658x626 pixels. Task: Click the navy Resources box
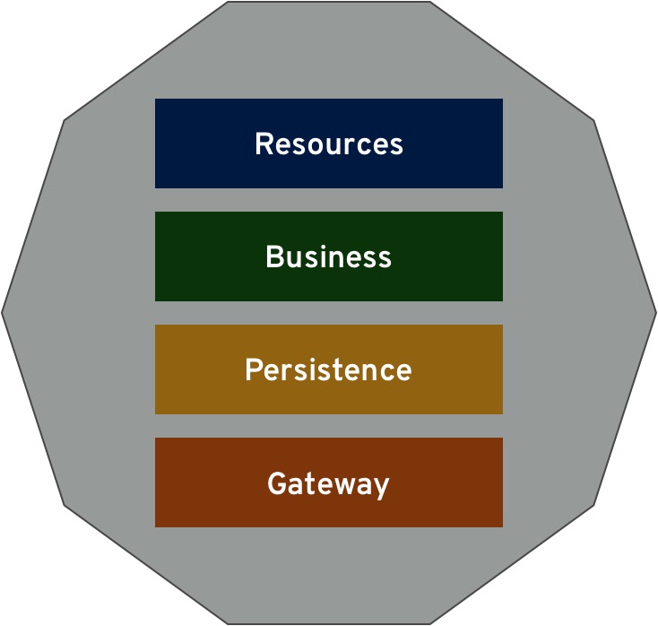tap(329, 143)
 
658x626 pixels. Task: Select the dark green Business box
tap(329, 256)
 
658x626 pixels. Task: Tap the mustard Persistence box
tap(329, 370)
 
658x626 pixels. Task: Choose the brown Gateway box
tap(329, 483)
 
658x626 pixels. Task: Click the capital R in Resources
tap(264, 143)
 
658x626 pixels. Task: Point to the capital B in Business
tap(274, 256)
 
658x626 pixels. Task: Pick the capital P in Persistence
tap(254, 370)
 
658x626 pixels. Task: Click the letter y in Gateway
tap(381, 488)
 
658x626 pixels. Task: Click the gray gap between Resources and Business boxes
tap(329, 200)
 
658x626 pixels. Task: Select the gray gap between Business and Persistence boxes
tap(329, 313)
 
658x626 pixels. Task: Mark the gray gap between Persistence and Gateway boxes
tap(329, 426)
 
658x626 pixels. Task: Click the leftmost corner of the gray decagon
tap(2, 312)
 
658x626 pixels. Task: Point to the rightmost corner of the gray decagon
tap(656, 312)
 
